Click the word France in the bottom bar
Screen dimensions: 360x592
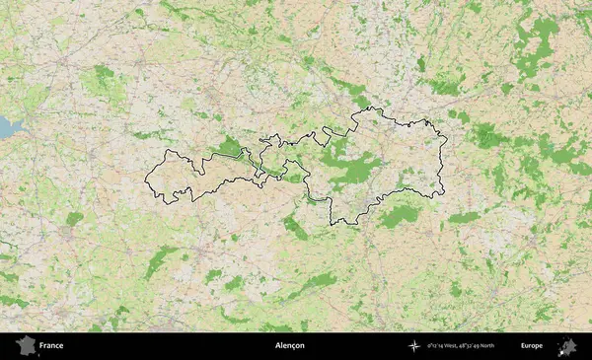[51, 346]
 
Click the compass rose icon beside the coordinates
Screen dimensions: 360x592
[414, 346]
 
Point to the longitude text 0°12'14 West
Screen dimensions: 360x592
[444, 346]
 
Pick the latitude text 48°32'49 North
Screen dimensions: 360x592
[480, 346]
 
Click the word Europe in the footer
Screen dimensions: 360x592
[532, 346]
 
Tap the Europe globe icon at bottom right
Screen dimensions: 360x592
[567, 346]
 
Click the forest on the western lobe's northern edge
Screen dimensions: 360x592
[230, 148]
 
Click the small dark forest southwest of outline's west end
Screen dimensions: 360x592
[74, 218]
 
